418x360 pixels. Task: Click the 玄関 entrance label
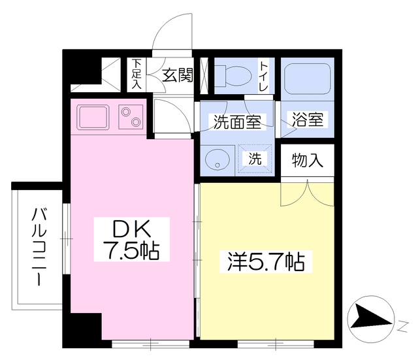click(177, 76)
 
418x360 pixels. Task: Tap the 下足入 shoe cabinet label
click(137, 74)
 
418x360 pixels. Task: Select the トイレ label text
click(263, 76)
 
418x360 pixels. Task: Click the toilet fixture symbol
click(233, 74)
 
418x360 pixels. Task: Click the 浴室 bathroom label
click(308, 120)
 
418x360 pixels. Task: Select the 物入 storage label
click(307, 160)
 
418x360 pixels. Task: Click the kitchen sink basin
click(93, 117)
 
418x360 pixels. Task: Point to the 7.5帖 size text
click(132, 250)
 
